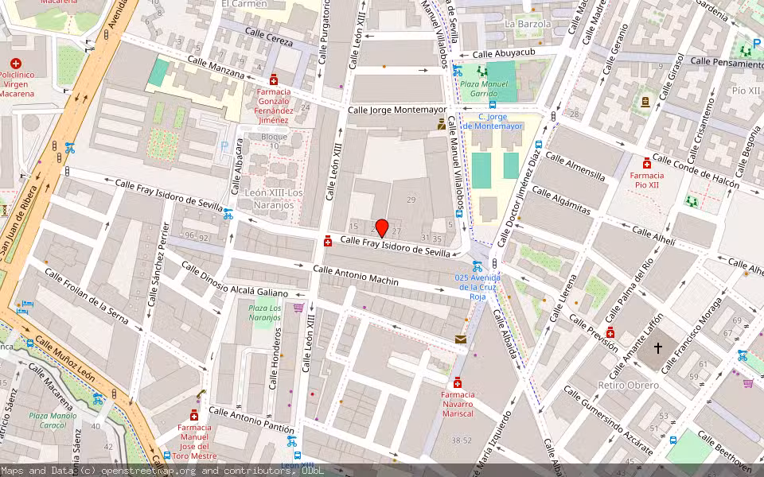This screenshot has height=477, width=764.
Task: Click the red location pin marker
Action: (381, 228)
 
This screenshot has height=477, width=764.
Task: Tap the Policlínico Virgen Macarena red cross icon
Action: (16, 63)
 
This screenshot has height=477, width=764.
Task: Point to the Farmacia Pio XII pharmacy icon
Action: (647, 163)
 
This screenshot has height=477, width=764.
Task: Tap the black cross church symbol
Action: (658, 347)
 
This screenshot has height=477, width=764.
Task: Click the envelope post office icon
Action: (461, 339)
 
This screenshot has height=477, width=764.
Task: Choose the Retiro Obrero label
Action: (628, 386)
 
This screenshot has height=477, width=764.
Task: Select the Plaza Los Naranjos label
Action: (264, 312)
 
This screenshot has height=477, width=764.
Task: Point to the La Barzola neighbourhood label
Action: (528, 24)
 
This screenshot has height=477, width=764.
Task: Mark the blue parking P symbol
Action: (224, 146)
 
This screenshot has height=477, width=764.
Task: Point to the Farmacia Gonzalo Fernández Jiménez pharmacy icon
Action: (274, 79)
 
